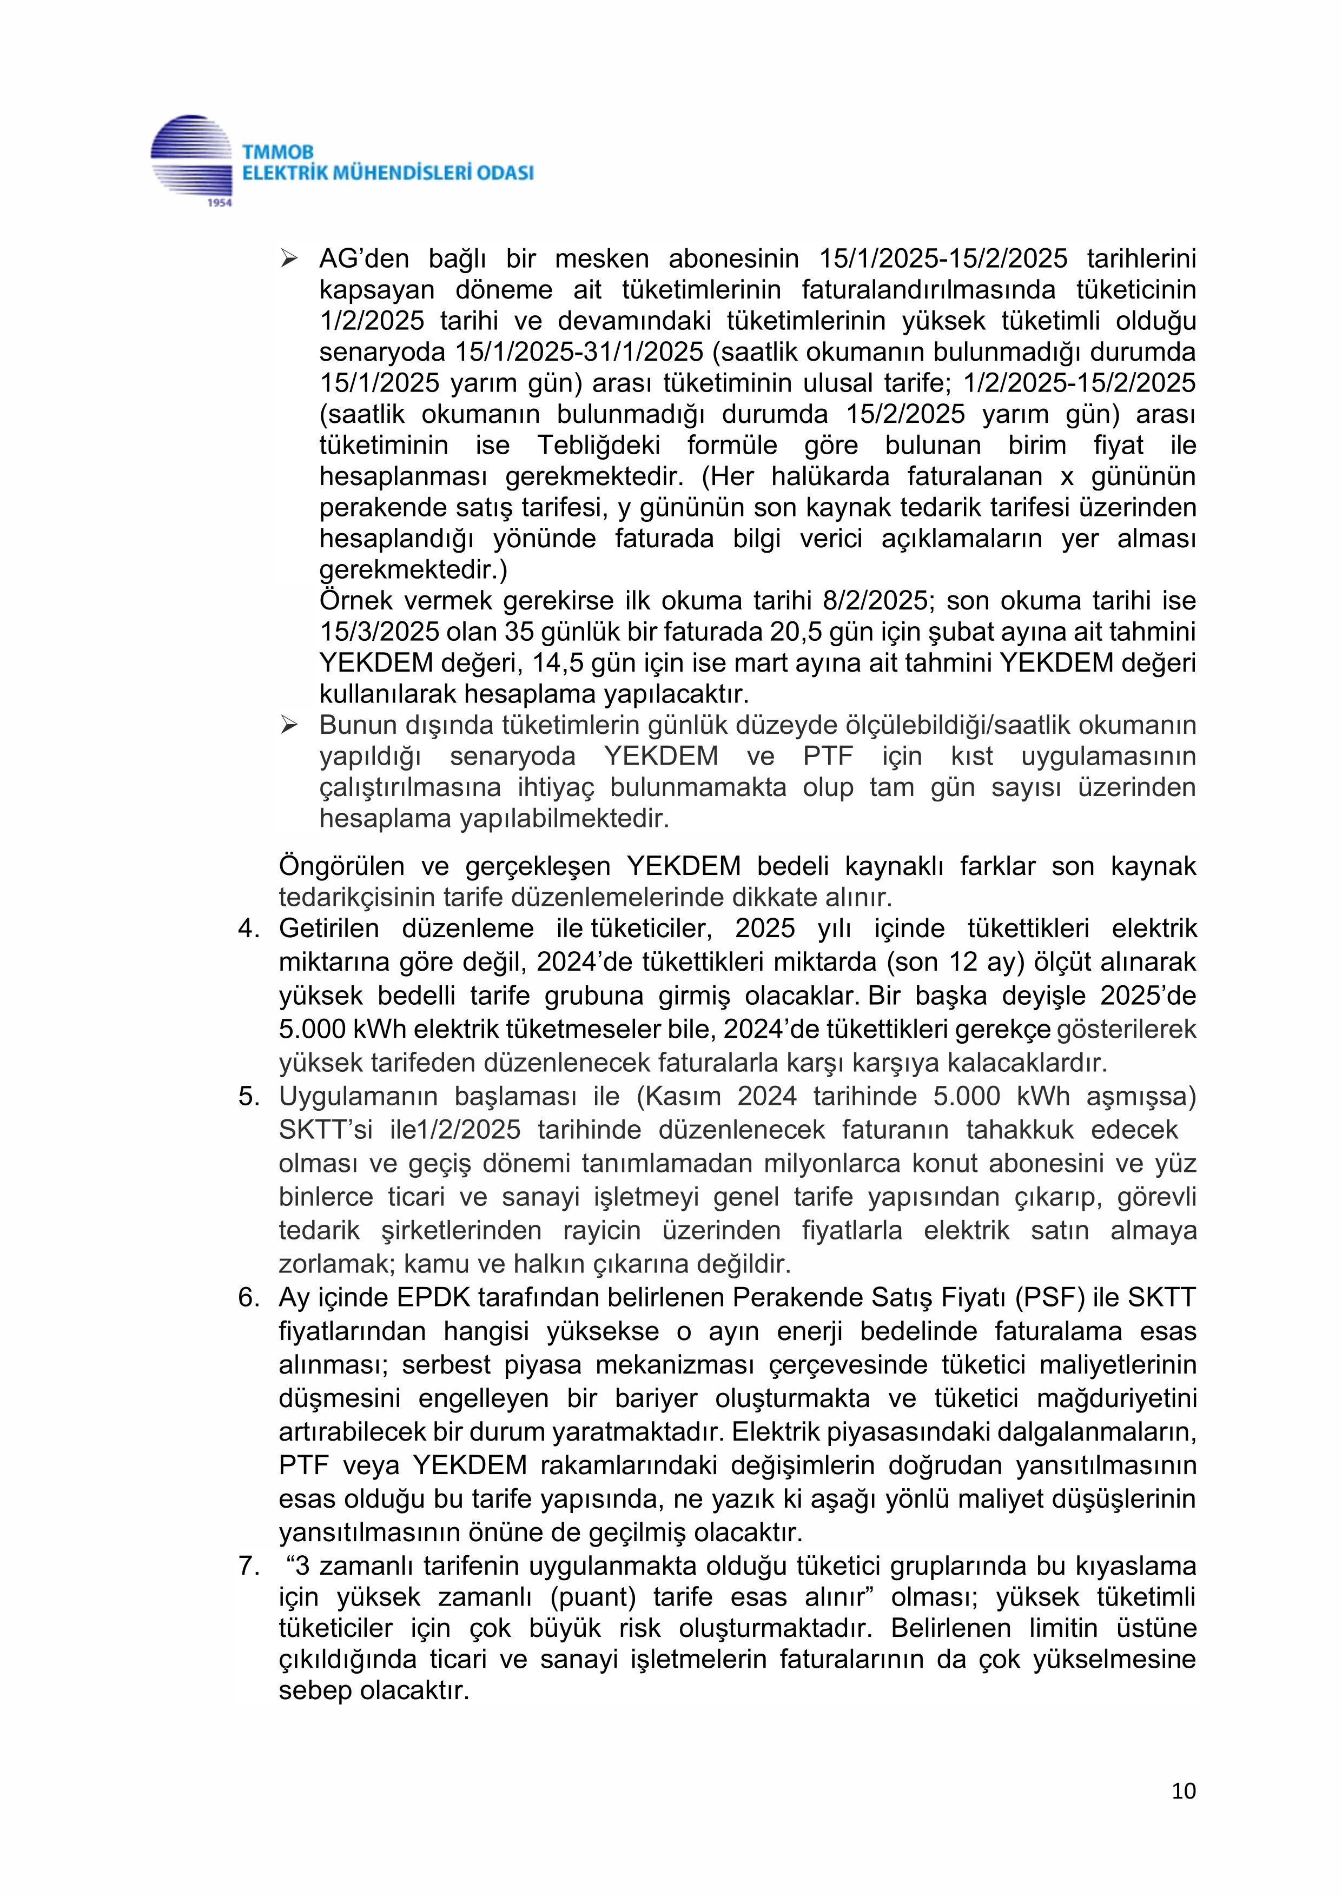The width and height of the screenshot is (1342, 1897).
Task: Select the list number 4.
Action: point(249,928)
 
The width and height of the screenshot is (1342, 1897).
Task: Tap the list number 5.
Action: point(249,1096)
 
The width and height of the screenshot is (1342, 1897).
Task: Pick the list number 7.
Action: point(249,1566)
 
